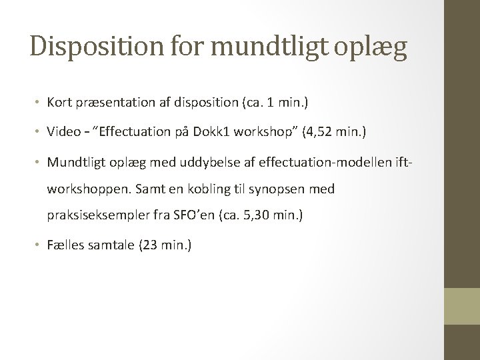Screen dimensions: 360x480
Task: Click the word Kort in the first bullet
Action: coord(59,103)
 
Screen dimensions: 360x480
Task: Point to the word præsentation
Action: coord(115,103)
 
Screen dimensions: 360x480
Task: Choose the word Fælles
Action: coord(64,246)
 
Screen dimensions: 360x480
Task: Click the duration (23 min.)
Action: coord(165,246)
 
